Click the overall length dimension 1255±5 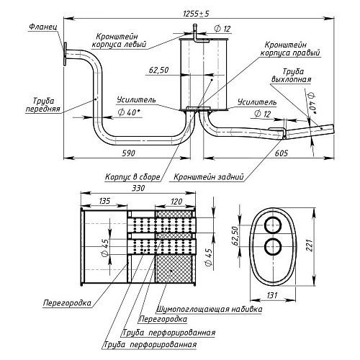tap(196, 14)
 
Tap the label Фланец tap(43, 27)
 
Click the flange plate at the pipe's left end tap(65, 54)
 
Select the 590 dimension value tap(128, 153)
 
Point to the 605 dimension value tap(281, 153)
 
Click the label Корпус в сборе tap(132, 177)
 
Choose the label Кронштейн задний tap(208, 177)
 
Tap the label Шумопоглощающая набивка tap(210, 309)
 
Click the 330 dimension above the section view tap(138, 188)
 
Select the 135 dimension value tap(104, 201)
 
